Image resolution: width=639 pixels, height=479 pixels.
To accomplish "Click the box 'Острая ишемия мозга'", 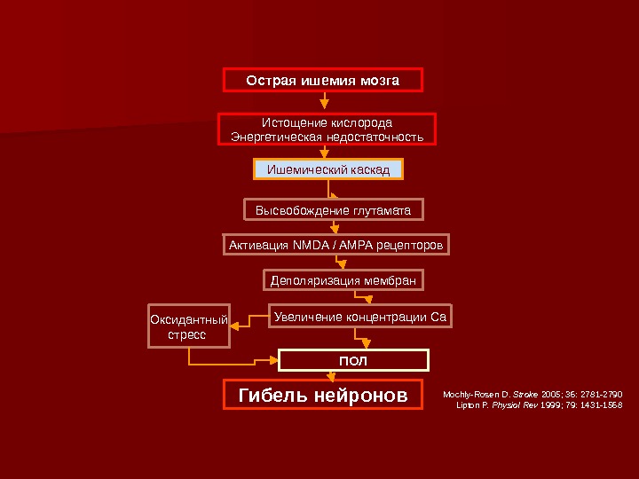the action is point(322,81).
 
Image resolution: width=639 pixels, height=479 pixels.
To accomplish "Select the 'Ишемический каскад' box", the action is point(328,169).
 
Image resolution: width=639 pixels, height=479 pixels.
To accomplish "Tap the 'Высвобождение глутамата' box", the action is point(334,210).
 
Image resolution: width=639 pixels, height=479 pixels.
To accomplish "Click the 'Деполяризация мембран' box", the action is point(343,281).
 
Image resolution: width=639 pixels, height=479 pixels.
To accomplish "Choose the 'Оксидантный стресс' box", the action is point(187,327).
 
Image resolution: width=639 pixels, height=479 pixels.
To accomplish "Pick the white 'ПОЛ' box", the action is point(353,360).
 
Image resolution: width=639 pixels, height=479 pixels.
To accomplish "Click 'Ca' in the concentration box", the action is point(438,315).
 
